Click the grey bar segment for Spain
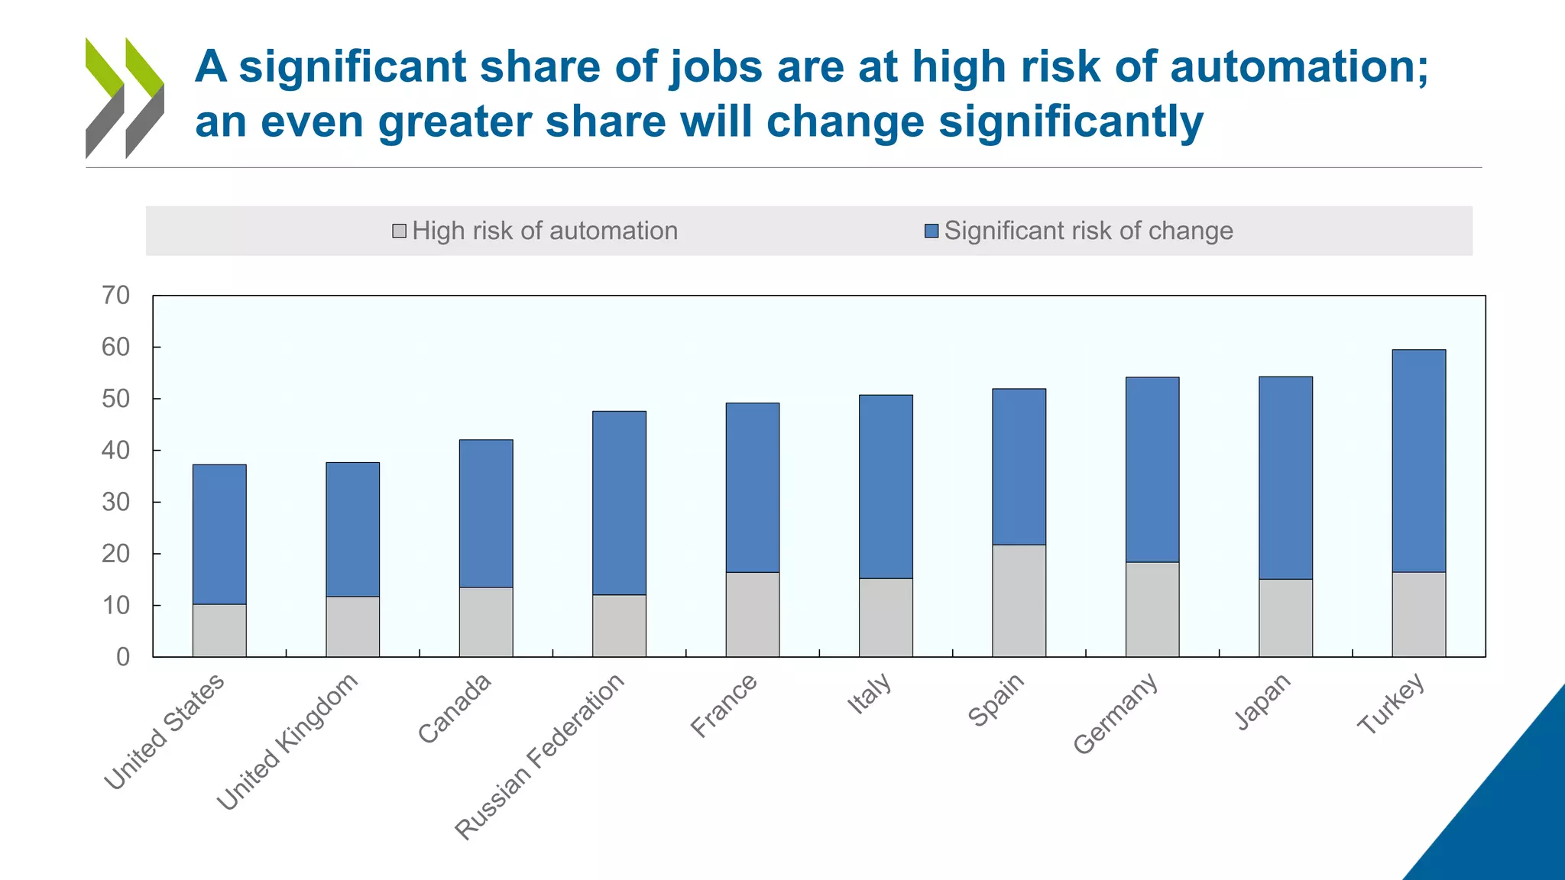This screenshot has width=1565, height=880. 1019,600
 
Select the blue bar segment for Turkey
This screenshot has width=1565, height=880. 1418,461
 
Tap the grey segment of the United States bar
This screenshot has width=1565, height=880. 219,630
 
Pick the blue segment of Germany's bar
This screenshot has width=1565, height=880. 1152,469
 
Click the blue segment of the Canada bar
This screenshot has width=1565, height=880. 486,513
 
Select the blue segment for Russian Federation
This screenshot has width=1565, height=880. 619,503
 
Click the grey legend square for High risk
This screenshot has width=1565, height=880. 399,231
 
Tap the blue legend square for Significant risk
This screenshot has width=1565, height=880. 931,231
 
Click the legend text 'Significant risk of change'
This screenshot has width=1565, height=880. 1088,231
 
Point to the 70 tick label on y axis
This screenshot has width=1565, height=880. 116,295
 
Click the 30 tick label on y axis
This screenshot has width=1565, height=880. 116,502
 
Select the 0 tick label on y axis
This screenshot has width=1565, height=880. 123,657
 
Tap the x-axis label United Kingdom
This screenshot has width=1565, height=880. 287,741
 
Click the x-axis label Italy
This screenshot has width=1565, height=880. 870,693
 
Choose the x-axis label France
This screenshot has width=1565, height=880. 724,704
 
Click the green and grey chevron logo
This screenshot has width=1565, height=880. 125,98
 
